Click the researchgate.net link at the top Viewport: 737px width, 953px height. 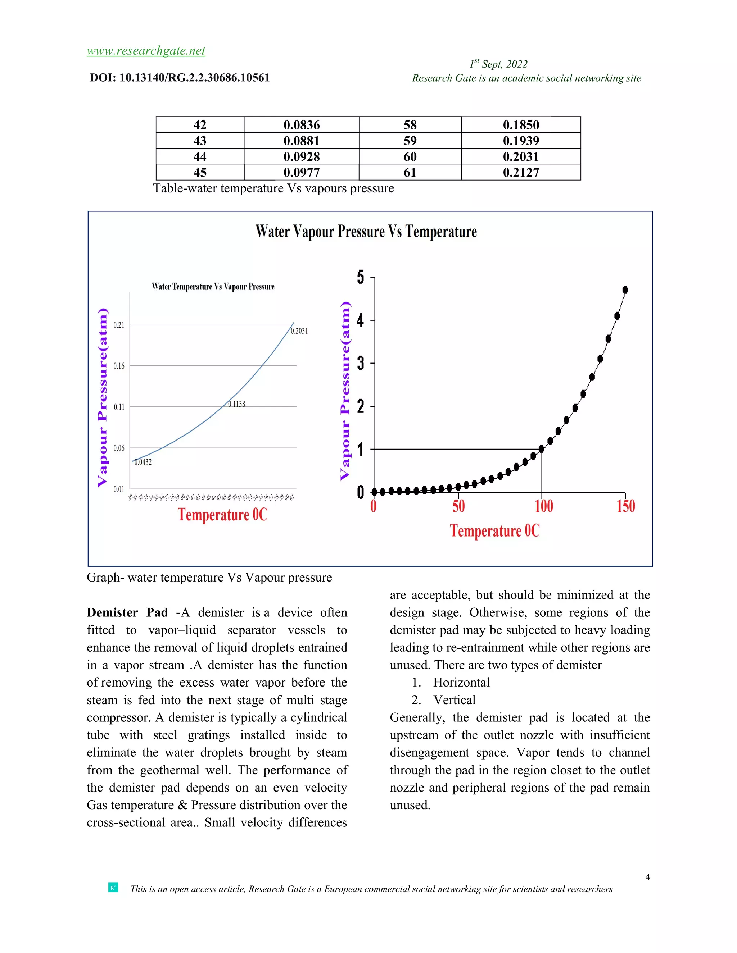click(146, 51)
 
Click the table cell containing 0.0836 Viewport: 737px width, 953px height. click(301, 125)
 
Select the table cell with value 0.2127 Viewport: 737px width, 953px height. click(520, 172)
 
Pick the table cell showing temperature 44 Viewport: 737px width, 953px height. click(200, 157)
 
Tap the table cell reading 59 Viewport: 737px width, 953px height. click(410, 141)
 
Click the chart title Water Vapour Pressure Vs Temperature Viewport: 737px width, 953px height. click(366, 231)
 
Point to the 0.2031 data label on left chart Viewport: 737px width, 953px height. click(299, 331)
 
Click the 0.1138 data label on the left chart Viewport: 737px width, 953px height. click(237, 404)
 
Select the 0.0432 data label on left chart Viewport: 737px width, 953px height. click(143, 462)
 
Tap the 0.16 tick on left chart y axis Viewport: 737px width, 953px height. click(119, 366)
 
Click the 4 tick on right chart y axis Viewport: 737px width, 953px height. click(360, 320)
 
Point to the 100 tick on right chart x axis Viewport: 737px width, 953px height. click(544, 506)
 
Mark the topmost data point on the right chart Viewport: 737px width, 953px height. click(625, 290)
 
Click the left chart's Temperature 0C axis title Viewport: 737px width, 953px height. click(222, 515)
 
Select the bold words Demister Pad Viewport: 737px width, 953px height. click(127, 613)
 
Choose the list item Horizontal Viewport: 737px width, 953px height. click(461, 683)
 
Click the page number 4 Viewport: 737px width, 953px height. click(647, 877)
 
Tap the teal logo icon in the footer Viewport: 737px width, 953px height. click(113, 887)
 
